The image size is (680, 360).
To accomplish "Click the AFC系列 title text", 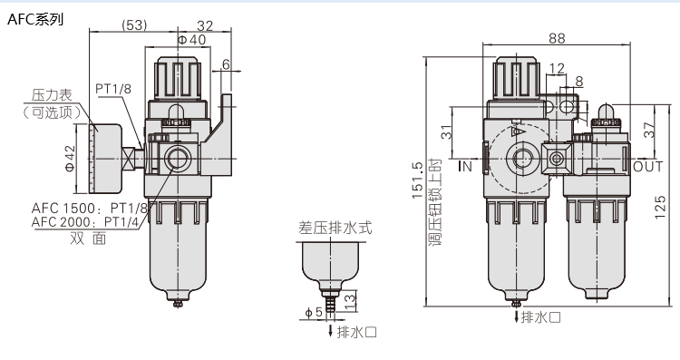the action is [x=35, y=20].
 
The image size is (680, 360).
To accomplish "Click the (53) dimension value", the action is [x=134, y=25].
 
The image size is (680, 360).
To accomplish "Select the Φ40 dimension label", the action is [x=192, y=40].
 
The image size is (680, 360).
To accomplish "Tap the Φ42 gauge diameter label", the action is [x=70, y=159].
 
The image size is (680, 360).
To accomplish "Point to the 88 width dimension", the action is [x=558, y=38].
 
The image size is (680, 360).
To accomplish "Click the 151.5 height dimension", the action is [x=417, y=180].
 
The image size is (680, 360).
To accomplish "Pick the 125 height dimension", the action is [x=660, y=208].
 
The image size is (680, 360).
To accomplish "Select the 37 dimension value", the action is [x=649, y=130].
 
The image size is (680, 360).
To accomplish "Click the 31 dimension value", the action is [x=446, y=131].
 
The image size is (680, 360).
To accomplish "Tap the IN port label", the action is [x=465, y=166].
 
